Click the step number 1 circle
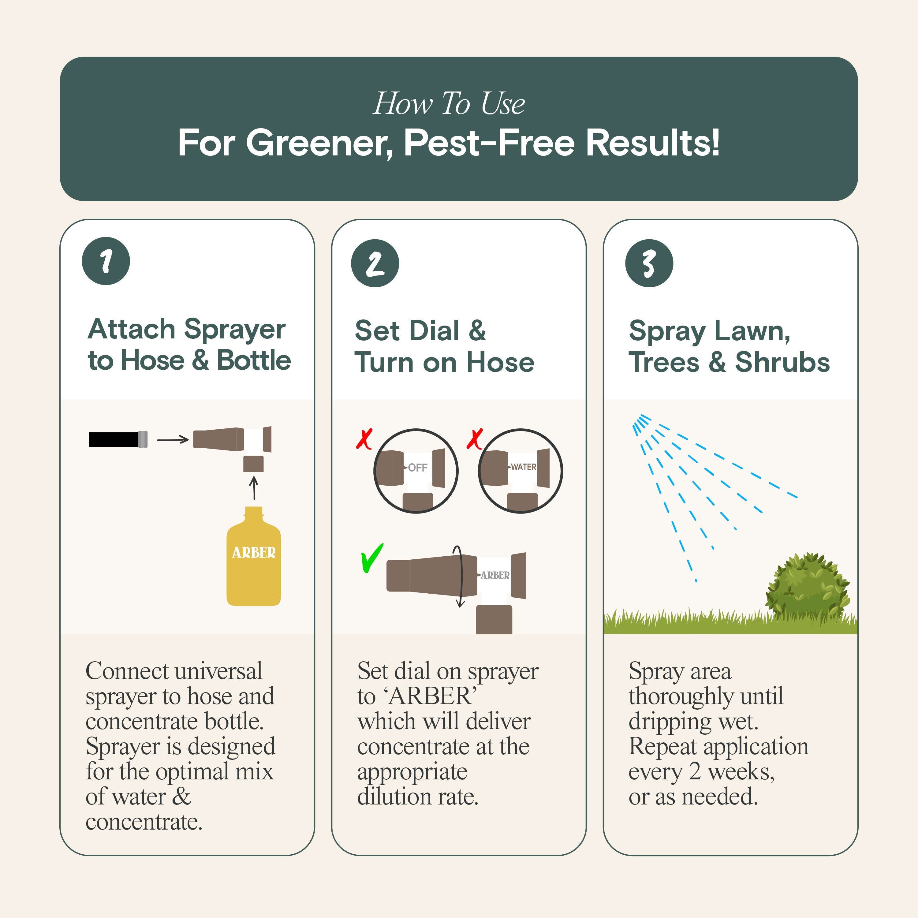[x=106, y=261]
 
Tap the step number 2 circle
[x=375, y=263]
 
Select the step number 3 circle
[x=649, y=263]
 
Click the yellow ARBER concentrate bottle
[x=253, y=561]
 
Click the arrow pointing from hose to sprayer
[x=173, y=439]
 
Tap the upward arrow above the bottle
[x=254, y=487]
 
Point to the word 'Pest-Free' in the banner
[x=489, y=143]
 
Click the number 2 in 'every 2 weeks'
[x=695, y=771]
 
